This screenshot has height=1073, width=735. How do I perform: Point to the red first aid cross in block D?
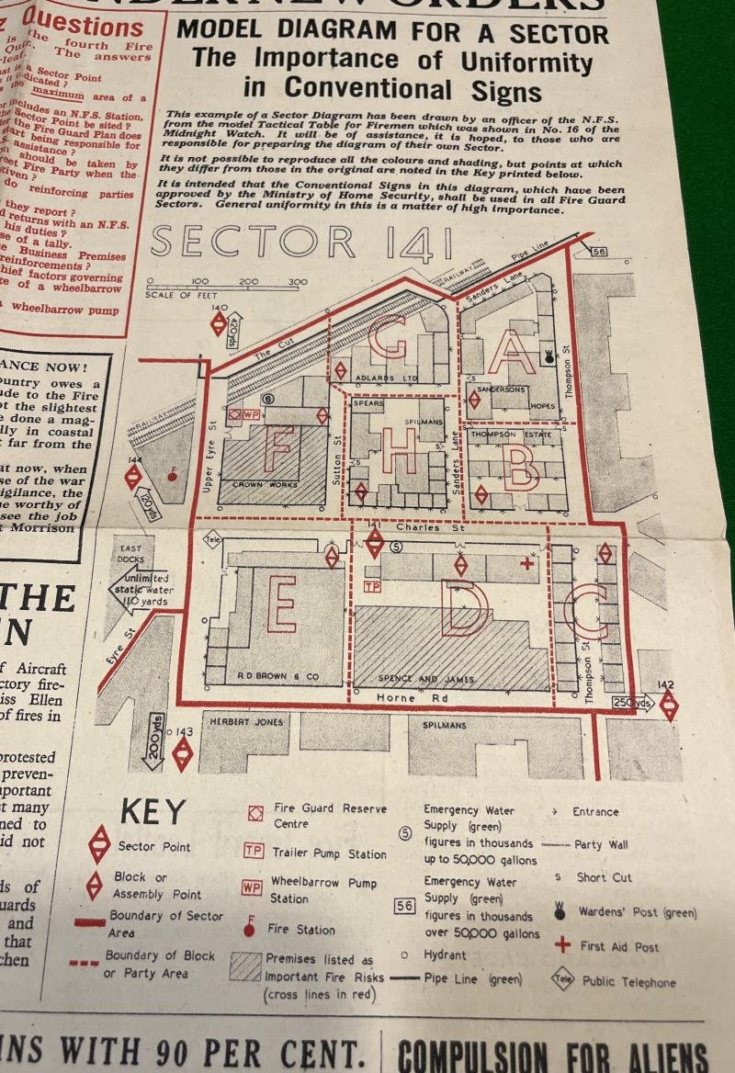click(526, 562)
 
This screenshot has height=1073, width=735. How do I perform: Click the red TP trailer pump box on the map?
click(372, 586)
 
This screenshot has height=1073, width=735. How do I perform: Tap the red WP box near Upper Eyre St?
click(252, 414)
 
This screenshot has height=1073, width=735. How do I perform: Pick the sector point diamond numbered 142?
click(669, 705)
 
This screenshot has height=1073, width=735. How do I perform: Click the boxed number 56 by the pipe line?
click(599, 253)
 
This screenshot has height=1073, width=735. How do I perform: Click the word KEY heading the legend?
click(153, 812)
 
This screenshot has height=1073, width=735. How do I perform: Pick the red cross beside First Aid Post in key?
click(563, 945)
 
